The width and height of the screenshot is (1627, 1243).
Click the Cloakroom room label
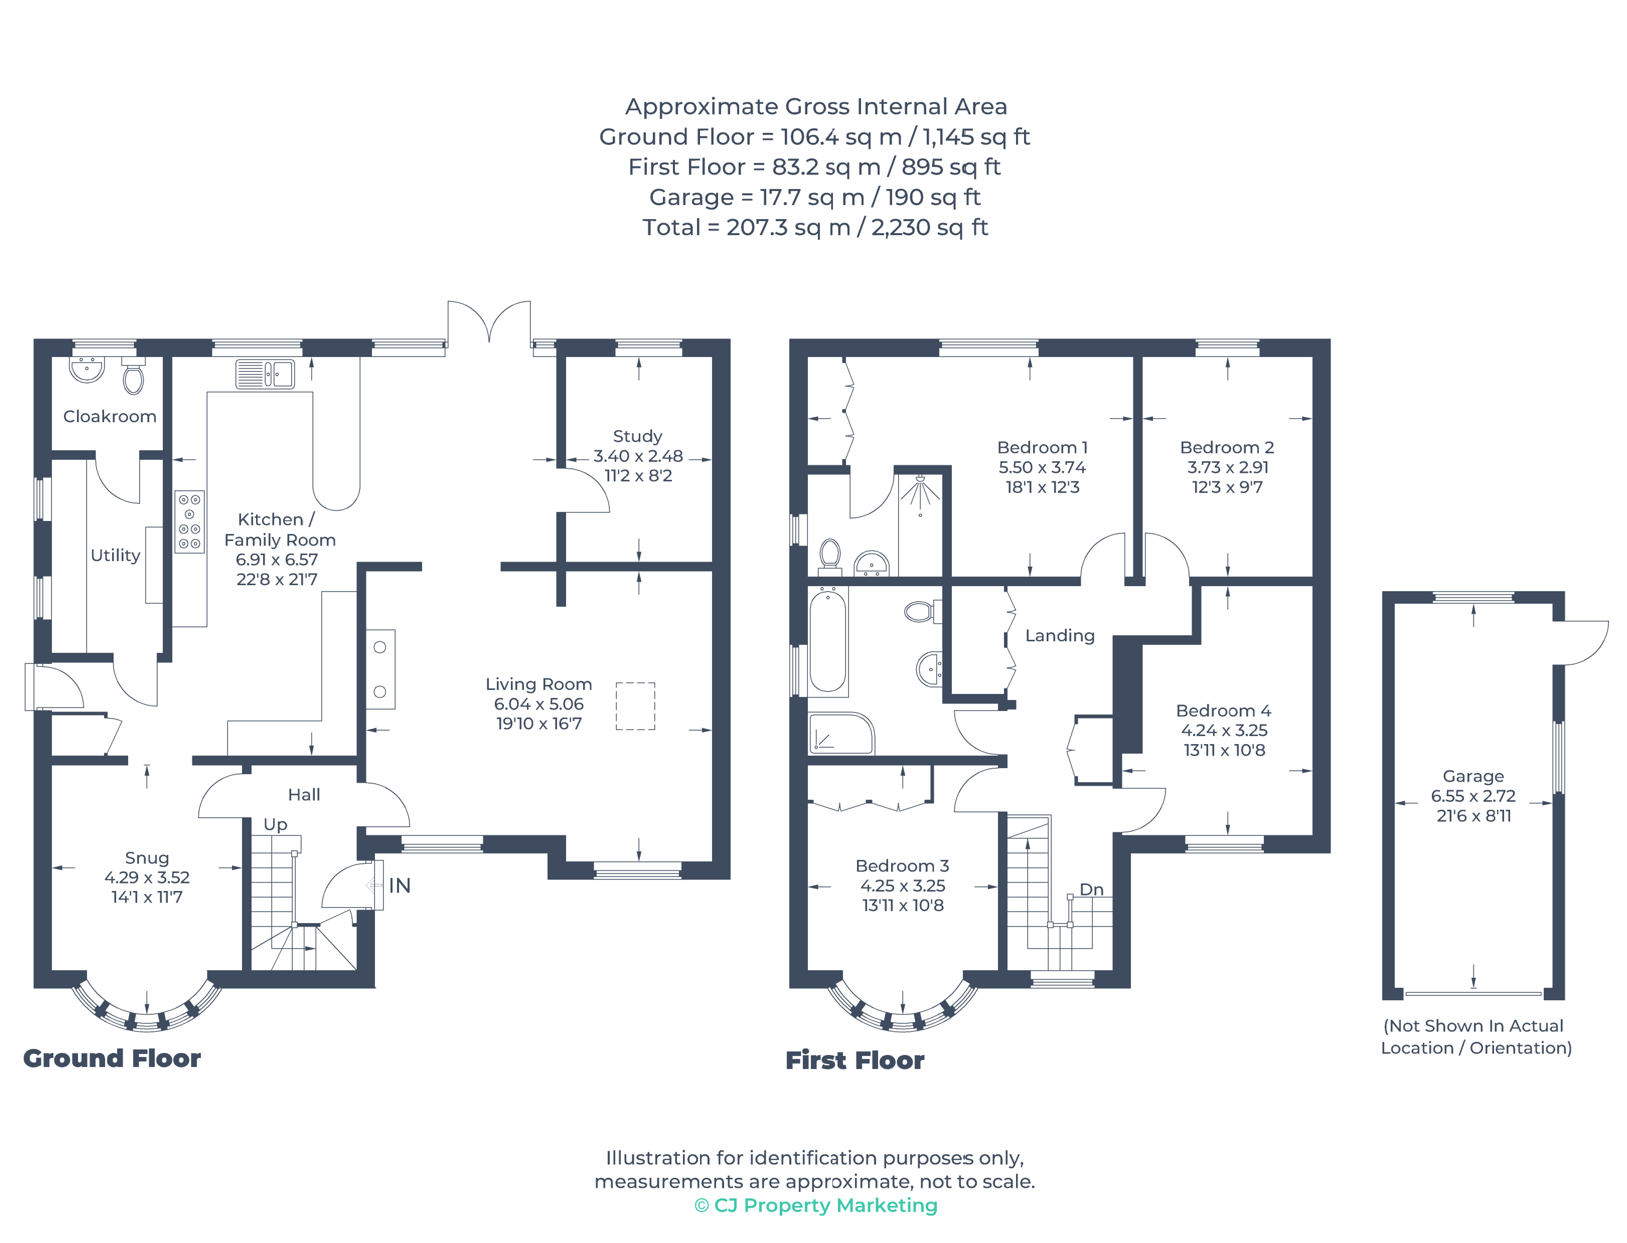(110, 417)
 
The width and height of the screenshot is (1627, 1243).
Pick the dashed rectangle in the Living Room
(635, 706)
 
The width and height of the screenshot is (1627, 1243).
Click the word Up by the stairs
(275, 824)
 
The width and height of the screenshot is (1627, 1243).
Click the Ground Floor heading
(112, 1058)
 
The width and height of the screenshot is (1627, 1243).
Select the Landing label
(1059, 636)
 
